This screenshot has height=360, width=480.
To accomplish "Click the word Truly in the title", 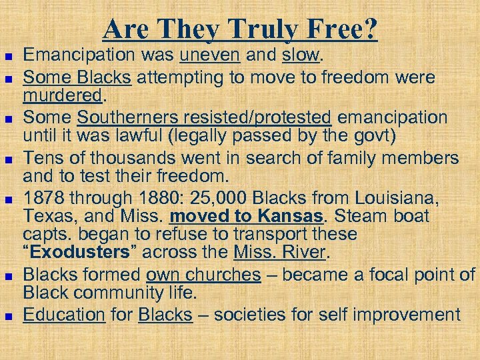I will pyautogui.click(x=263, y=29).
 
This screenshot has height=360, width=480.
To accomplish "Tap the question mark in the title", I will pyautogui.click(x=370, y=29).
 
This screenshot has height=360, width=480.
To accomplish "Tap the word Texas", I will pyautogui.click(x=46, y=217).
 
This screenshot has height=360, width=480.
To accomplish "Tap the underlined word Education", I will pyautogui.click(x=64, y=315).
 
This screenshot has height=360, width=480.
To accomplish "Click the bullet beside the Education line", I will pyautogui.click(x=9, y=315).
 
